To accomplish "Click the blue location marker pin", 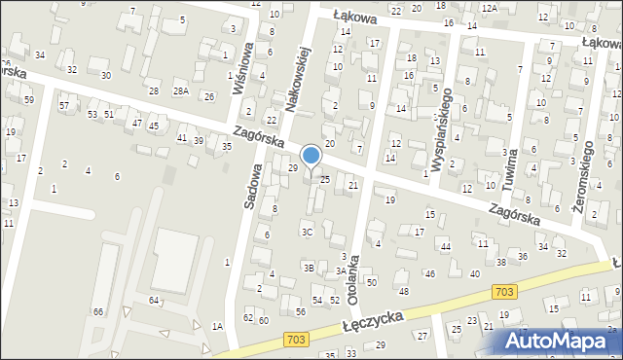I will point(311,156).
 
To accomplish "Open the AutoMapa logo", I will point(561,342).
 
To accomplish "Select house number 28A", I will point(180,90).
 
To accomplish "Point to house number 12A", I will point(489,8).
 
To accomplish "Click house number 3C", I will point(307,232).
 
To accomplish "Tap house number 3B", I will point(308,267).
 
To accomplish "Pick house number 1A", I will point(218,327).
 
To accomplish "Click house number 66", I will point(97,311).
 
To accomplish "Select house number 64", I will point(153,301).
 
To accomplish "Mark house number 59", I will point(29,99).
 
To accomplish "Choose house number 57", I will point(64,105).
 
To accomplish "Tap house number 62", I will point(248,318).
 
